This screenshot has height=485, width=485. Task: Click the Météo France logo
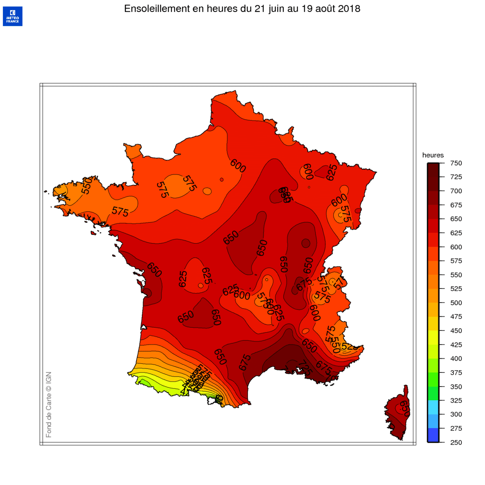coord(13,16)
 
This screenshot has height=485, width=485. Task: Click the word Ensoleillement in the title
coord(157,9)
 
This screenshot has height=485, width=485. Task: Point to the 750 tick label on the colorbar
coord(456,163)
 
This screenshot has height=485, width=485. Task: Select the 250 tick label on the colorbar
coord(456,442)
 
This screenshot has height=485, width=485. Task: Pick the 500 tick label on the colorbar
coord(456,303)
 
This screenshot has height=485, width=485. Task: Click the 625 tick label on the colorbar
coord(456,233)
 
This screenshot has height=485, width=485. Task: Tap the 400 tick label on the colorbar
coord(456,359)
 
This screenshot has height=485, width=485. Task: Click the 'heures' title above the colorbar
coord(433,155)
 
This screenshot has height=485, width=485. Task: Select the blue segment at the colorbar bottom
coord(433,435)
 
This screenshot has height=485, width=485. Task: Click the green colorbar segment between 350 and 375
coord(433,380)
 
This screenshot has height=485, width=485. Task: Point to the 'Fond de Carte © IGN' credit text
coord(49,404)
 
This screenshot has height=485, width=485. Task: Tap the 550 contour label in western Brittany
coord(87,186)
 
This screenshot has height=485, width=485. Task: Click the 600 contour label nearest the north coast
coord(238,166)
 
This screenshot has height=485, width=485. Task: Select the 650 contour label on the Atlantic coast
coord(154,270)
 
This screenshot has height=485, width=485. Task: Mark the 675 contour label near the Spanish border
coord(245,362)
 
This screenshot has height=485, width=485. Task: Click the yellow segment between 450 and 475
coord(433,324)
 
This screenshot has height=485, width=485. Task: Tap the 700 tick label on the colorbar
coord(456,191)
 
